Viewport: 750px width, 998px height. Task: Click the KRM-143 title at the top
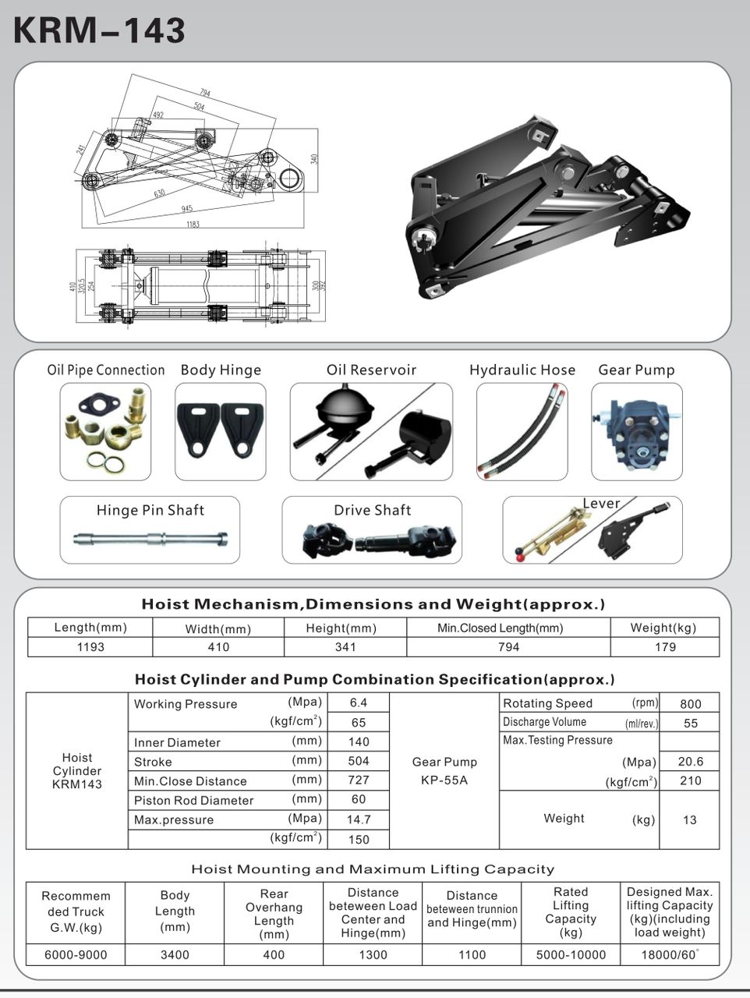pos(100,30)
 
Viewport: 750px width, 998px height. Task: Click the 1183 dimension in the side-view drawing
pos(192,225)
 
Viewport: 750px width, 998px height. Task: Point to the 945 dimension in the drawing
pos(186,209)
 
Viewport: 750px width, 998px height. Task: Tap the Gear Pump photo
pos(636,431)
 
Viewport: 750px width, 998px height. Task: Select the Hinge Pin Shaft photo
pos(150,538)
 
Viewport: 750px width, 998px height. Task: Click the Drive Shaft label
pos(372,510)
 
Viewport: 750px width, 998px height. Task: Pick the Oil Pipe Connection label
pos(106,370)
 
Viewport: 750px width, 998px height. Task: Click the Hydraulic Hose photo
pos(522,431)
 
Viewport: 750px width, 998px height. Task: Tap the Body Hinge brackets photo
pos(221,431)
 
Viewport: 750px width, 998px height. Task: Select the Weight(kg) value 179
pos(665,647)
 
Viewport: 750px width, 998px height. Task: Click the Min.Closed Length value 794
pos(508,647)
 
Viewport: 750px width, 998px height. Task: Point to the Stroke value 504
pos(359,761)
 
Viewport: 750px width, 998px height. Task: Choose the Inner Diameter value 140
pos(359,742)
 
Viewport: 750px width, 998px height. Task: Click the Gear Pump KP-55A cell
pos(444,770)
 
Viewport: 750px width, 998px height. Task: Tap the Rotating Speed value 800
pos(690,703)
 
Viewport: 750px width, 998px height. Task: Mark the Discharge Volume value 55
pos(690,723)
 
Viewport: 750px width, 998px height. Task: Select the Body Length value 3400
pos(175,955)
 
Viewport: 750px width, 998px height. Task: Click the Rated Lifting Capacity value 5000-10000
pos(571,955)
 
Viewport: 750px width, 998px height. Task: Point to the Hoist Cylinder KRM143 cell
pos(77,770)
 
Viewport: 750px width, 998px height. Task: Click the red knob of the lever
pos(519,557)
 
